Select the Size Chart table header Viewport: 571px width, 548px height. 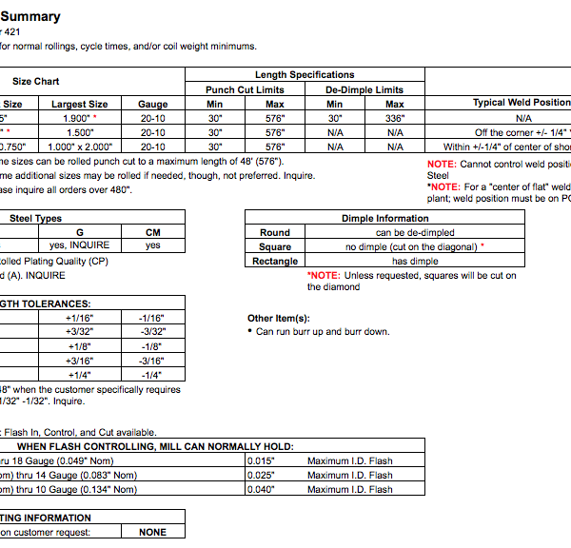pos(33,82)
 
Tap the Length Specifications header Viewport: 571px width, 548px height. pos(305,74)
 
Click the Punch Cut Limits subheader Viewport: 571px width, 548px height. pos(245,89)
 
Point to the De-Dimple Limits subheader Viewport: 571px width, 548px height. pos(364,89)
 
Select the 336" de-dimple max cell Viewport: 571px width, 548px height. pos(394,118)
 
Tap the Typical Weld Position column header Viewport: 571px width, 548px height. pos(522,103)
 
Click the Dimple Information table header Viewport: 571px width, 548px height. pos(384,218)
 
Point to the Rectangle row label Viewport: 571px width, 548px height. pos(275,261)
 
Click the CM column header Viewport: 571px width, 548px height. pos(153,232)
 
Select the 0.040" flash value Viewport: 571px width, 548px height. pos(258,489)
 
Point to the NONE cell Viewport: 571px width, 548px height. pos(152,533)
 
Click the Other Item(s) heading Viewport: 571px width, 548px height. pos(278,318)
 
